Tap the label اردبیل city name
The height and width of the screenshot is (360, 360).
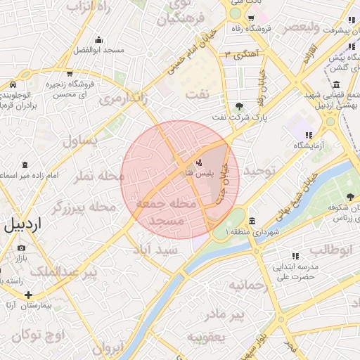click(x=24, y=226)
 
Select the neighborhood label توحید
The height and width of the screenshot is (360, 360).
click(x=261, y=172)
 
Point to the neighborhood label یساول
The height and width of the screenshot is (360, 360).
click(x=83, y=141)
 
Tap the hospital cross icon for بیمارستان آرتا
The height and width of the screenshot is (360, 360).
click(x=27, y=294)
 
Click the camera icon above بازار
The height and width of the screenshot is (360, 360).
click(x=21, y=247)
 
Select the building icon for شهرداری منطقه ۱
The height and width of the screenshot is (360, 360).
click(x=252, y=221)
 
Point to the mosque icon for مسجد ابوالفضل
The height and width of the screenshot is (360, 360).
click(x=98, y=39)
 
